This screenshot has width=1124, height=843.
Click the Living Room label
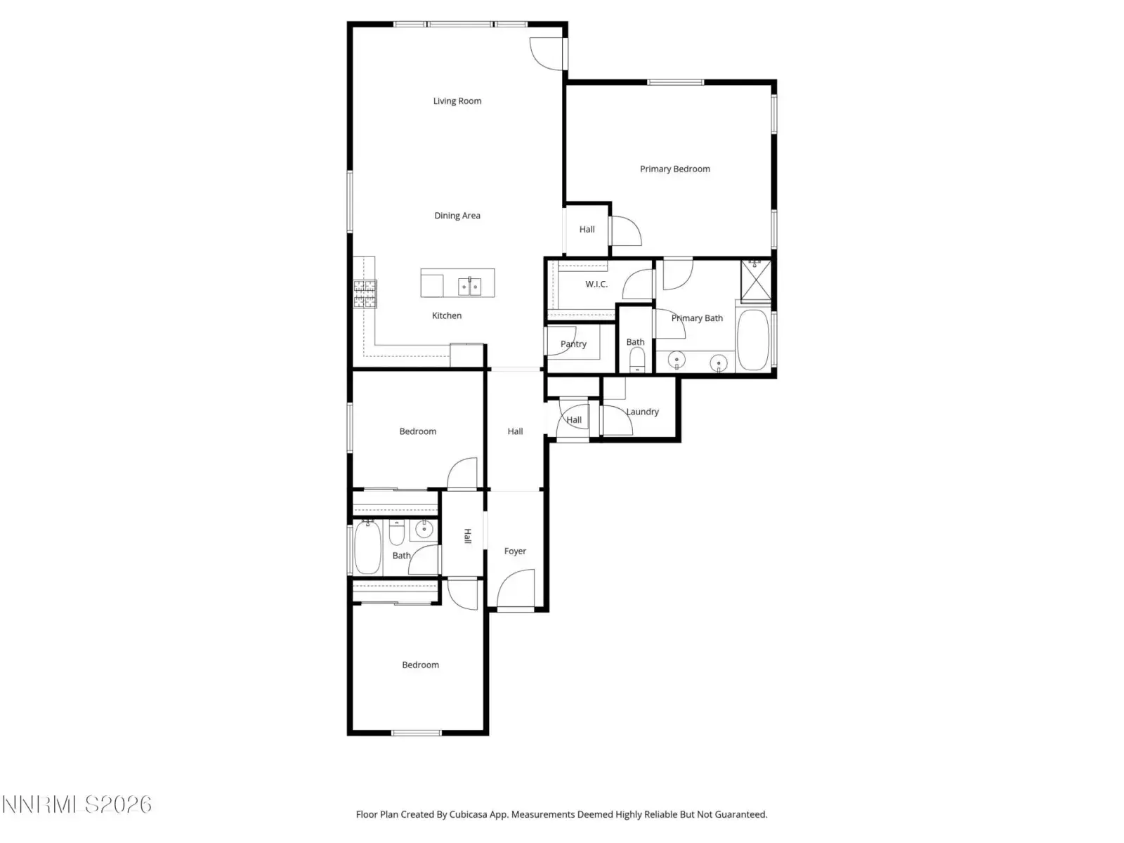tap(457, 101)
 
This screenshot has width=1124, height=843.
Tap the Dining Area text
tap(457, 216)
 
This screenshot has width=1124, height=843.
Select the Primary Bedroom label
tap(674, 169)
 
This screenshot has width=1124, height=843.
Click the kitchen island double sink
tap(469, 286)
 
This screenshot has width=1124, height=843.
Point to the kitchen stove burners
tap(365, 294)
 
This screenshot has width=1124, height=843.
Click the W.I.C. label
tap(596, 284)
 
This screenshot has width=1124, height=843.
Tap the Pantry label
tap(573, 344)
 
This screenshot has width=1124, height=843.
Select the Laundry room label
tap(642, 412)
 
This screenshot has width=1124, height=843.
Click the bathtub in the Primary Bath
tap(752, 339)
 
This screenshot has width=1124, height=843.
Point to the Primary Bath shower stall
tap(755, 280)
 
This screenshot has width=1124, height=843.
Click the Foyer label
tap(515, 551)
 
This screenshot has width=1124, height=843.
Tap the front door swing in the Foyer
tap(515, 589)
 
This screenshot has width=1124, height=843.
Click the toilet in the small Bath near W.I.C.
tap(636, 359)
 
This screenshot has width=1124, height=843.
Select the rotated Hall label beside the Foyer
tap(468, 536)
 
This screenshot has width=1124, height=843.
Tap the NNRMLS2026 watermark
tap(77, 804)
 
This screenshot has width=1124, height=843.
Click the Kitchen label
tap(447, 315)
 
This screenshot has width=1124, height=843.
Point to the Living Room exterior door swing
tap(547, 54)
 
